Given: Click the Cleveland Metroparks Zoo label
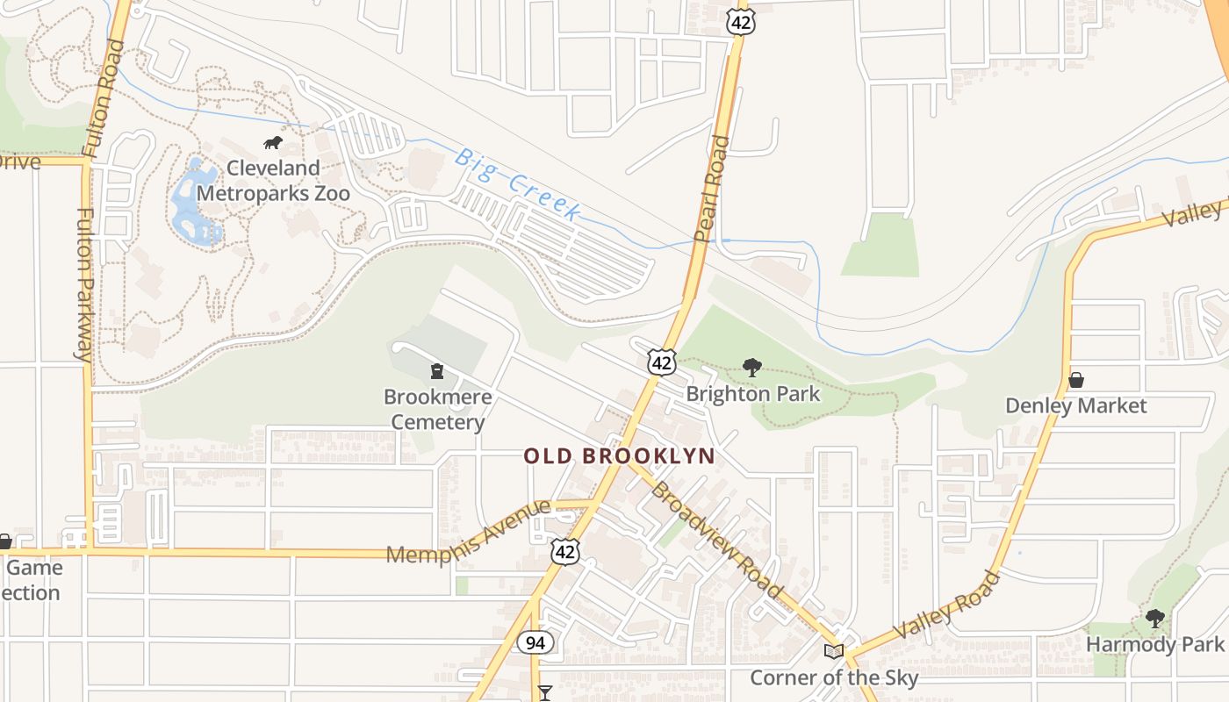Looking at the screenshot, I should (273, 181).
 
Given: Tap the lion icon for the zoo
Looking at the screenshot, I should (272, 143).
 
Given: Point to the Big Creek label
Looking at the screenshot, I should (517, 184).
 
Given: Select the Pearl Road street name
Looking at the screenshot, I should (711, 189).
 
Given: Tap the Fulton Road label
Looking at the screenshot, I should (104, 97).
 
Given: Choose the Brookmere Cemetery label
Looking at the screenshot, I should (437, 410).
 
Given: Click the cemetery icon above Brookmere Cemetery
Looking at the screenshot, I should (436, 372).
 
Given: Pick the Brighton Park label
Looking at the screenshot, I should (753, 394).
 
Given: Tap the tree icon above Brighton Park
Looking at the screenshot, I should (751, 368).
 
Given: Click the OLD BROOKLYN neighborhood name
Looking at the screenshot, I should (619, 456).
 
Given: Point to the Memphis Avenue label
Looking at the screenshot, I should (469, 532).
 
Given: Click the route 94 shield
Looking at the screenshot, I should (535, 643).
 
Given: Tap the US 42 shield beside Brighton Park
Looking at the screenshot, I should (662, 361).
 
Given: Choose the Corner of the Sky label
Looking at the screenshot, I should (834, 678).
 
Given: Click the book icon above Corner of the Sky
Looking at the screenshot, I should (833, 651).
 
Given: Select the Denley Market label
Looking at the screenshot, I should (1075, 406).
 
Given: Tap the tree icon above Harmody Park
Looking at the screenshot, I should (1154, 619).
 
